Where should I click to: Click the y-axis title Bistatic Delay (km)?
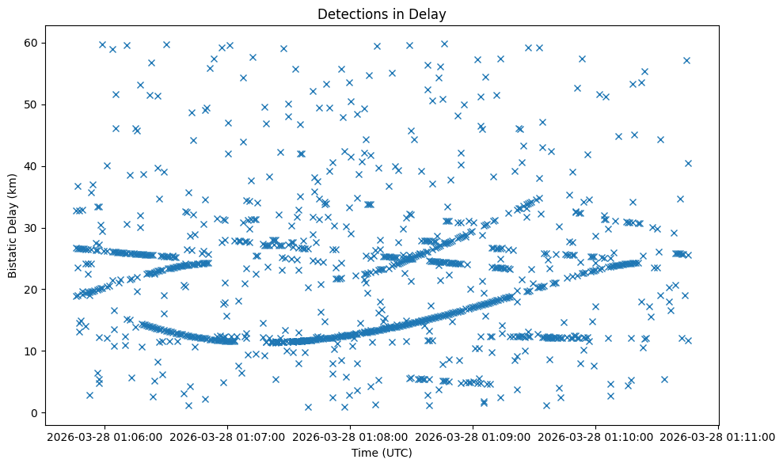[x=13, y=225]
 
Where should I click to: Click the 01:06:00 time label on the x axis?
[x=105, y=436]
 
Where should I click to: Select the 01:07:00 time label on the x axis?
[x=228, y=436]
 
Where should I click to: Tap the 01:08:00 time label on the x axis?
[x=351, y=436]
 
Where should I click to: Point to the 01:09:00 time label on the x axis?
[x=473, y=436]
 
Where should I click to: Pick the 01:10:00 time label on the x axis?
[x=596, y=436]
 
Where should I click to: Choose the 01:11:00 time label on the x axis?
[x=719, y=436]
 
